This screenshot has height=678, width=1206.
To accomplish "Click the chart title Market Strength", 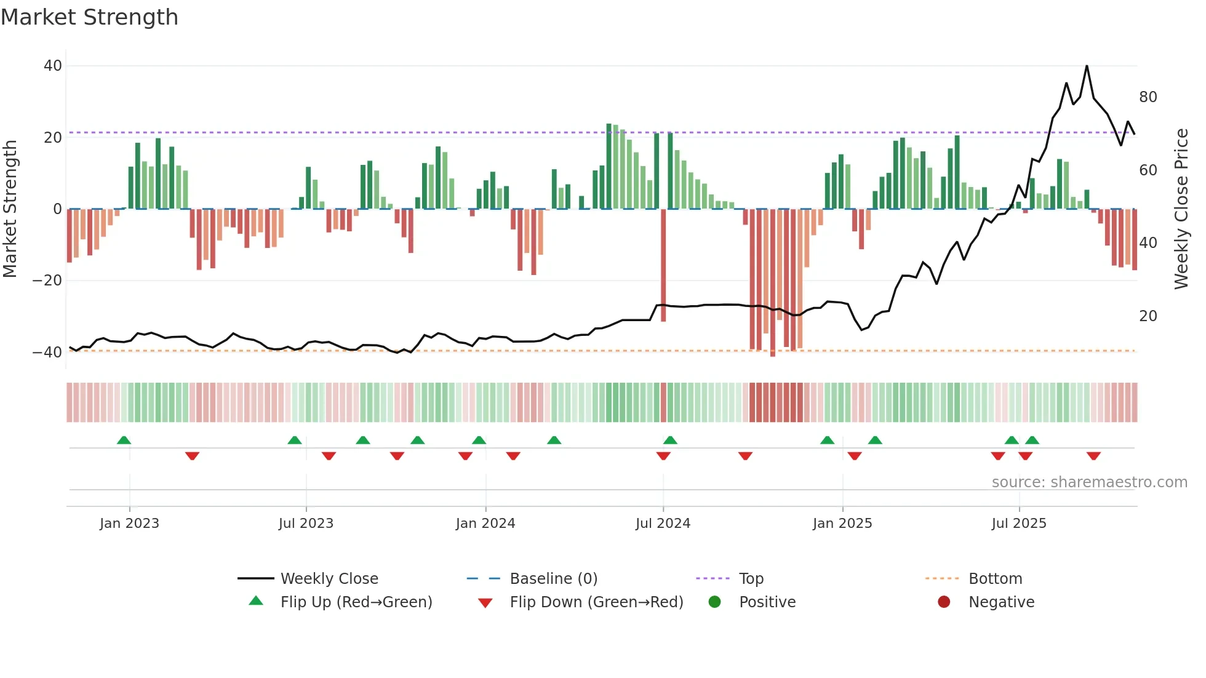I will pyautogui.click(x=89, y=17).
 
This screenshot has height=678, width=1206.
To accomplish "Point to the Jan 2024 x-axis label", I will pyautogui.click(x=485, y=524).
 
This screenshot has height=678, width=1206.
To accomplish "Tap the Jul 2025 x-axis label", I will pyautogui.click(x=1018, y=524).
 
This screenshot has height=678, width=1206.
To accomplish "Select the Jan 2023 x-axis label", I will pyautogui.click(x=129, y=524).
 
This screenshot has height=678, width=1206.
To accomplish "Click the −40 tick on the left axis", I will pyautogui.click(x=47, y=353).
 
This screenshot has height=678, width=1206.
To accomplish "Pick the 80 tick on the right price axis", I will pyautogui.click(x=1148, y=97).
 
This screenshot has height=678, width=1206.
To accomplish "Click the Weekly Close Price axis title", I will pyautogui.click(x=1181, y=209).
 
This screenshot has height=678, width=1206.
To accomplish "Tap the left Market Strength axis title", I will pyautogui.click(x=10, y=209).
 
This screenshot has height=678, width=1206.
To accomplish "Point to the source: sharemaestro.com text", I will pyautogui.click(x=1089, y=482).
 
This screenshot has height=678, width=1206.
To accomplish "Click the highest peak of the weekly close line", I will pyautogui.click(x=1087, y=66).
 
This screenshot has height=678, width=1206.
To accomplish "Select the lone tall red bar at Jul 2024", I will pyautogui.click(x=663, y=265).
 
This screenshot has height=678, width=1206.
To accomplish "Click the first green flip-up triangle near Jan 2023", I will pyautogui.click(x=124, y=440).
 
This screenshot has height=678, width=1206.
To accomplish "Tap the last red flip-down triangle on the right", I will pyautogui.click(x=1093, y=456).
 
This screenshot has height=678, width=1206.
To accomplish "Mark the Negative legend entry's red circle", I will pyautogui.click(x=944, y=602).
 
